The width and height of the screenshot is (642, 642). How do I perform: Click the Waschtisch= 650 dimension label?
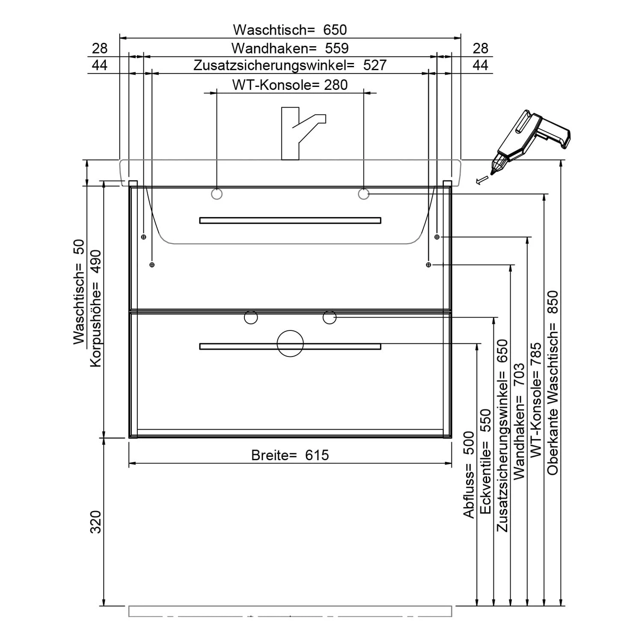[x=290, y=30]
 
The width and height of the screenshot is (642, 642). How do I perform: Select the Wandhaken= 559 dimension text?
[x=290, y=48]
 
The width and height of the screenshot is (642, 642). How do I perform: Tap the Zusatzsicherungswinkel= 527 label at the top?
[x=290, y=65]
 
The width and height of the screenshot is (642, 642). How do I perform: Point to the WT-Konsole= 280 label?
[x=290, y=85]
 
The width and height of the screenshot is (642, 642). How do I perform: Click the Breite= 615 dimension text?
[x=290, y=455]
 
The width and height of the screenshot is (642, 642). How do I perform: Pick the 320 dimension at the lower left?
[x=96, y=521]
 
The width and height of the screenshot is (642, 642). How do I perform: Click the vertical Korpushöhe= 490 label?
[x=96, y=308]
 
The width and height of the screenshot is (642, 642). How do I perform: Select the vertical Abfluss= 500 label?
[x=469, y=475]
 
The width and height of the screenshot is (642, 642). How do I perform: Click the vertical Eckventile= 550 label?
[x=485, y=461]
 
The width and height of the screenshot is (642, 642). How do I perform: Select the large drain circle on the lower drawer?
[x=290, y=343]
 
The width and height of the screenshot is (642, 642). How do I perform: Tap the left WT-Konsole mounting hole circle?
[x=217, y=194]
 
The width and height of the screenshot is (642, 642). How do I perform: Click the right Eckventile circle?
[x=330, y=317]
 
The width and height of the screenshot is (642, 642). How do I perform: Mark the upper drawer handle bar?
[x=290, y=220]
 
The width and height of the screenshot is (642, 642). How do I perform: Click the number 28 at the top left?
[x=99, y=48]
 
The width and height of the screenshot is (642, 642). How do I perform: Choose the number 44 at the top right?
[x=480, y=65]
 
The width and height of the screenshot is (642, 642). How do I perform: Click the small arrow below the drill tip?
[x=481, y=180]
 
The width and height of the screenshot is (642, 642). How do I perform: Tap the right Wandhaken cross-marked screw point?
[x=437, y=237]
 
